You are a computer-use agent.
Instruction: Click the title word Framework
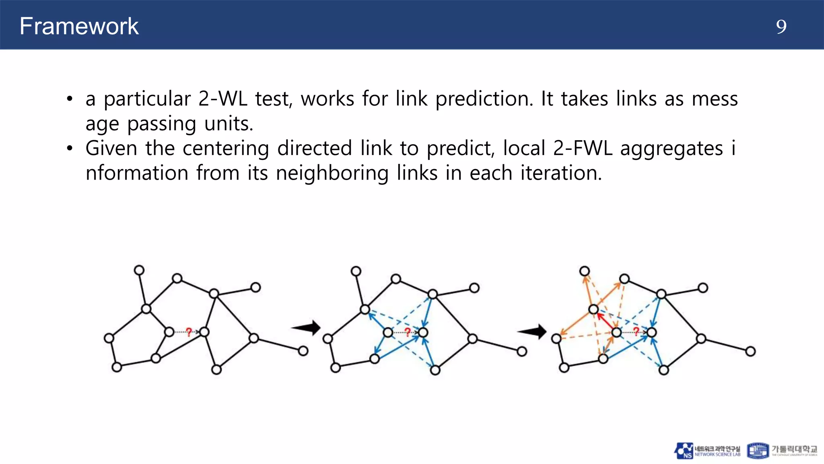click(x=79, y=27)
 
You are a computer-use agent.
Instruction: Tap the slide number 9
click(x=781, y=27)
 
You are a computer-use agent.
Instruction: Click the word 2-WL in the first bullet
click(x=222, y=99)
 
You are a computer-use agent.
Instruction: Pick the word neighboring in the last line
click(x=332, y=173)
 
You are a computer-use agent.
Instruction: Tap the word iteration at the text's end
click(x=561, y=173)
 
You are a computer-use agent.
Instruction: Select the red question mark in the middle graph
click(x=407, y=332)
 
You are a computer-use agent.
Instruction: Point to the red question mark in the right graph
click(x=636, y=331)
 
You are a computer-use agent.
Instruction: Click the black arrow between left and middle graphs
click(x=307, y=327)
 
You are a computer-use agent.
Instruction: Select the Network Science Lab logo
click(x=707, y=451)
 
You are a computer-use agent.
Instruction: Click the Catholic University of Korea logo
click(x=782, y=451)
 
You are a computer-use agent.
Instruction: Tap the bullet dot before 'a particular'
click(x=70, y=99)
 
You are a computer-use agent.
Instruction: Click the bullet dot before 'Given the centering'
click(x=70, y=149)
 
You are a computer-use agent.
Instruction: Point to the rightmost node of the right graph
click(x=750, y=352)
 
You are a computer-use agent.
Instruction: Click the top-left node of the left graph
click(x=139, y=270)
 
